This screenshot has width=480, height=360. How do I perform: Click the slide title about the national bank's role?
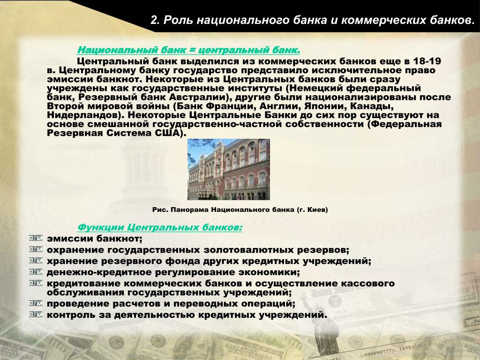click(312, 20)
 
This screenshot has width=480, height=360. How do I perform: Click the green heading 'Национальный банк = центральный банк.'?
click(188, 50)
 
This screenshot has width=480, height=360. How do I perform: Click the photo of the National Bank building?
click(229, 169)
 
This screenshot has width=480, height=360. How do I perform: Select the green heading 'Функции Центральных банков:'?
click(159, 227)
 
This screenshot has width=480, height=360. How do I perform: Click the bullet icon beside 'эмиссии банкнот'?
click(36, 238)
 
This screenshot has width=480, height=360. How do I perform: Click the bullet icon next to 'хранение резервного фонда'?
click(36, 261)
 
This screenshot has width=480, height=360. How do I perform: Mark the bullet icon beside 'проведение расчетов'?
click(36, 303)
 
